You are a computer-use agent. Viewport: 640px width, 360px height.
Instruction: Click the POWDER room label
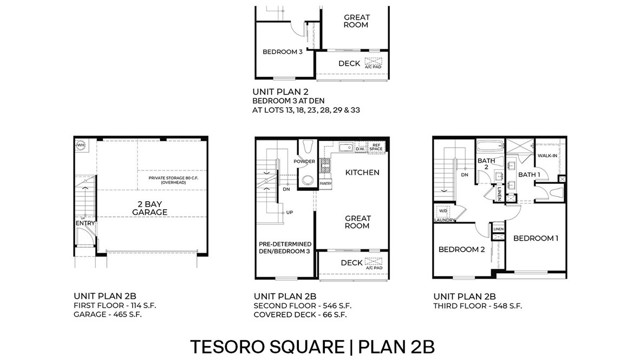click(304, 160)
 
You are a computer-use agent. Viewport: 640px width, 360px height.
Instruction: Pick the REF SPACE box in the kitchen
click(376, 148)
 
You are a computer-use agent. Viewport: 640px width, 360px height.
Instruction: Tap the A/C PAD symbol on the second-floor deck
click(374, 266)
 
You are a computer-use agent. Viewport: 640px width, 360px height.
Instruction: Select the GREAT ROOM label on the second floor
click(359, 221)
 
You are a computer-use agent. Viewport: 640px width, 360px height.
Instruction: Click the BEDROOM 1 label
click(535, 240)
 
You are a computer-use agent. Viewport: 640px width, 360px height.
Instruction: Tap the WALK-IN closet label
click(546, 156)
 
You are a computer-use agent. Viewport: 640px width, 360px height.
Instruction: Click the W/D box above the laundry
click(443, 211)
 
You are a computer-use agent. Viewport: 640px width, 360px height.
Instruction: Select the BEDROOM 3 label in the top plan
click(282, 52)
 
